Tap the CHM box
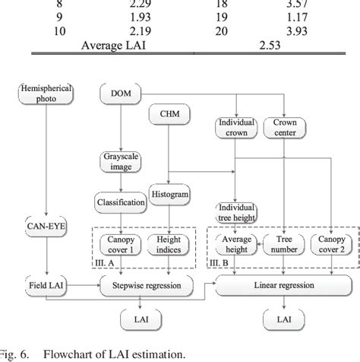(168, 116)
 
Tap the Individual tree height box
(237, 212)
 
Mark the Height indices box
(169, 245)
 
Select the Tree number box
(283, 245)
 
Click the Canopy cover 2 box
(328, 245)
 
